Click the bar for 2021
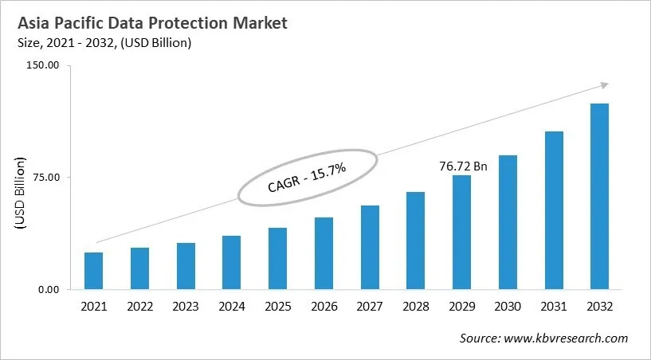coord(94,271)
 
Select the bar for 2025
coord(277,259)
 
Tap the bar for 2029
coord(461,232)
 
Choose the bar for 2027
coord(370,247)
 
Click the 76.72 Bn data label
coord(463,166)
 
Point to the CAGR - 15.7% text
coord(306,178)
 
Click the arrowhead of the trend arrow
coord(604,84)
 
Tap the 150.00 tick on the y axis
coord(44,65)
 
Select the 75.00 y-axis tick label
coord(46,177)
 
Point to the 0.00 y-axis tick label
coord(49,289)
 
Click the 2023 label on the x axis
coord(186,307)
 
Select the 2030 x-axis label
coord(507,307)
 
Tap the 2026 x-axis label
coord(324,307)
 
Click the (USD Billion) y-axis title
coord(20,194)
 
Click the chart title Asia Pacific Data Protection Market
coord(152,24)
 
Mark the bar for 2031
coord(554,210)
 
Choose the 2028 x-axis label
coord(415,307)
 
